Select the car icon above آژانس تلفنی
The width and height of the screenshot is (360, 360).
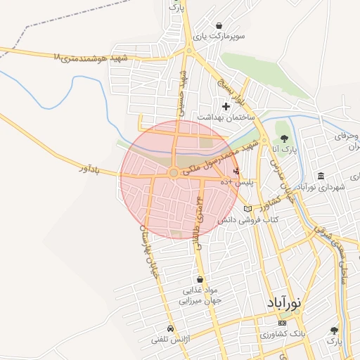[170, 328]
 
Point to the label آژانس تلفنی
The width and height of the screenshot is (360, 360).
[169, 340]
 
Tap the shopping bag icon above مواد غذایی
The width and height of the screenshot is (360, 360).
[201, 279]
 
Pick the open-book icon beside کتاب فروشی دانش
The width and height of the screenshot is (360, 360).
[247, 209]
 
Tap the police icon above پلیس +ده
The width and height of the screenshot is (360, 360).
[236, 170]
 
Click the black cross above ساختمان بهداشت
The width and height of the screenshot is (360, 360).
[226, 106]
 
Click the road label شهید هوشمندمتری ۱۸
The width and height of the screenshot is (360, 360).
[91, 58]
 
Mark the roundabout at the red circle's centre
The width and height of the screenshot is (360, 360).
[174, 172]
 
